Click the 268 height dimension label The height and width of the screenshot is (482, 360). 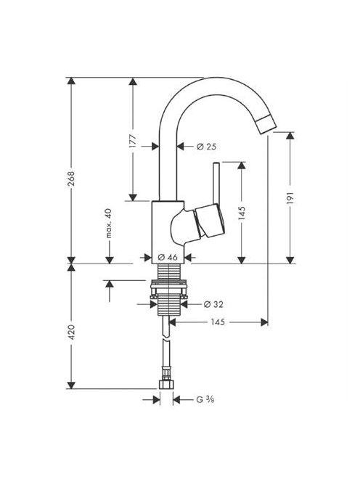pyautogui.click(x=71, y=179)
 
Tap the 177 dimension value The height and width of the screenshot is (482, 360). pyautogui.click(x=133, y=142)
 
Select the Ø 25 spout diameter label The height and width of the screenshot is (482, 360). pyautogui.click(x=206, y=147)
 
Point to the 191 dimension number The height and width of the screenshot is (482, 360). pyautogui.click(x=290, y=198)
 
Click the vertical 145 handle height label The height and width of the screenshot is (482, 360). pyautogui.click(x=242, y=213)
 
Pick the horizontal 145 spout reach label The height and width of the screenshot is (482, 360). pyautogui.click(x=218, y=322)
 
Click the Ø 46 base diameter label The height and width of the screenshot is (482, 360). pyautogui.click(x=168, y=257)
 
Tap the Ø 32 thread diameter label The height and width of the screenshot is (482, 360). pyautogui.click(x=213, y=304)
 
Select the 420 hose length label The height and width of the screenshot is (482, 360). pyautogui.click(x=71, y=332)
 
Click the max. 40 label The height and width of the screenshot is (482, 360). pyautogui.click(x=109, y=224)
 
